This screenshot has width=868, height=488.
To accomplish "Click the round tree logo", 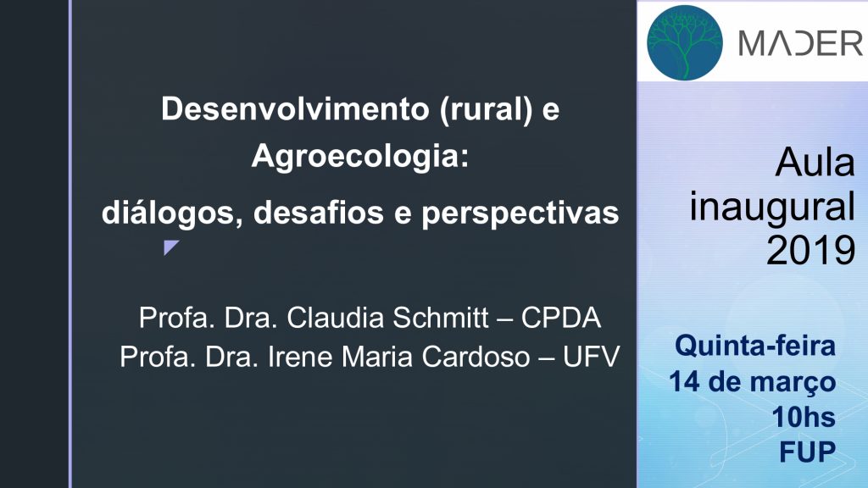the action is (x=685, y=42).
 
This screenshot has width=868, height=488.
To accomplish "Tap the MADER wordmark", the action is (x=800, y=43).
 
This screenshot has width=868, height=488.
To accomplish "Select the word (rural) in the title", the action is (x=487, y=109).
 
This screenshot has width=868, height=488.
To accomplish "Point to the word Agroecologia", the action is (x=359, y=156).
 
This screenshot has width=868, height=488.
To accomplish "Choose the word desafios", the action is (x=319, y=213).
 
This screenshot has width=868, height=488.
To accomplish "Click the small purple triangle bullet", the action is (x=170, y=247).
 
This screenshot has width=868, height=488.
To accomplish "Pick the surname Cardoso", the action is (x=476, y=357).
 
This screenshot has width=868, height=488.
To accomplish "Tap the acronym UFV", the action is (x=591, y=357).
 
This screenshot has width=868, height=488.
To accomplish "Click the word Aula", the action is (x=815, y=163).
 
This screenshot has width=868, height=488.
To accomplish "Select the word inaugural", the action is (x=772, y=208).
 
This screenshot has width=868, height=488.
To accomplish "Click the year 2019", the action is (x=811, y=251).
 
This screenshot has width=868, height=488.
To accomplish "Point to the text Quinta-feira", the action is (x=755, y=346).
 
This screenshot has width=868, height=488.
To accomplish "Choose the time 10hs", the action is (x=804, y=417).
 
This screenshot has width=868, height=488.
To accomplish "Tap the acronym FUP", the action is (x=808, y=452).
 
